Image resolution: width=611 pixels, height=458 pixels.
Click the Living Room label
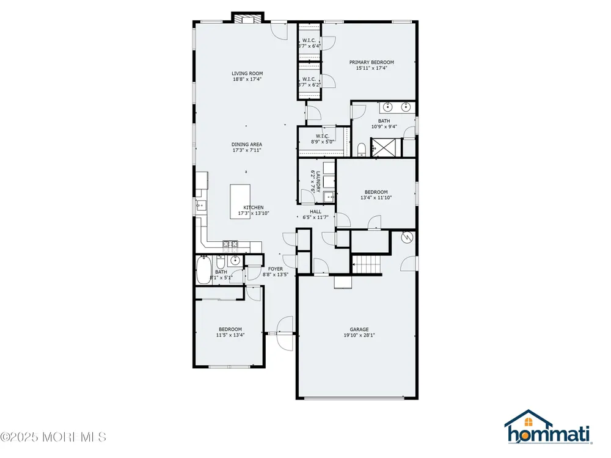coord(247,73)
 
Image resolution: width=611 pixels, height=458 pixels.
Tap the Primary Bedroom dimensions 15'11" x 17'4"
coord(371,68)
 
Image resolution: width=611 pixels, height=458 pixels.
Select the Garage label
coord(359,330)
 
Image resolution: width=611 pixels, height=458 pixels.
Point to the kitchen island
coord(240,202)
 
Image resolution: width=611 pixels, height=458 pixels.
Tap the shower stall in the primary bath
coord(386,147)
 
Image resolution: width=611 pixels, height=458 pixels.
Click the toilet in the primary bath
coord(362,150)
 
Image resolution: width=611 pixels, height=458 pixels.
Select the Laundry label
coord(318,181)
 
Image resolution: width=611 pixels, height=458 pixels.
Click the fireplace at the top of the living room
coord(248,18)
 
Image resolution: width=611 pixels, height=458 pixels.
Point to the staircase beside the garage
coord(366,264)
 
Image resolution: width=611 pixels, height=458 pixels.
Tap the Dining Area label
coord(247,145)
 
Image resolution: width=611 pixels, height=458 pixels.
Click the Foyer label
coord(276,269)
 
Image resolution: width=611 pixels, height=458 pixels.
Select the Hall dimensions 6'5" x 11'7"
coord(316,217)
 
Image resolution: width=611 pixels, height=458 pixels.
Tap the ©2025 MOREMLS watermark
coord(53,437)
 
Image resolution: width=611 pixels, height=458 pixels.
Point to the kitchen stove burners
coord(230,244)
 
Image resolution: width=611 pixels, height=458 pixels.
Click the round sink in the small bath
coord(235,260)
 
